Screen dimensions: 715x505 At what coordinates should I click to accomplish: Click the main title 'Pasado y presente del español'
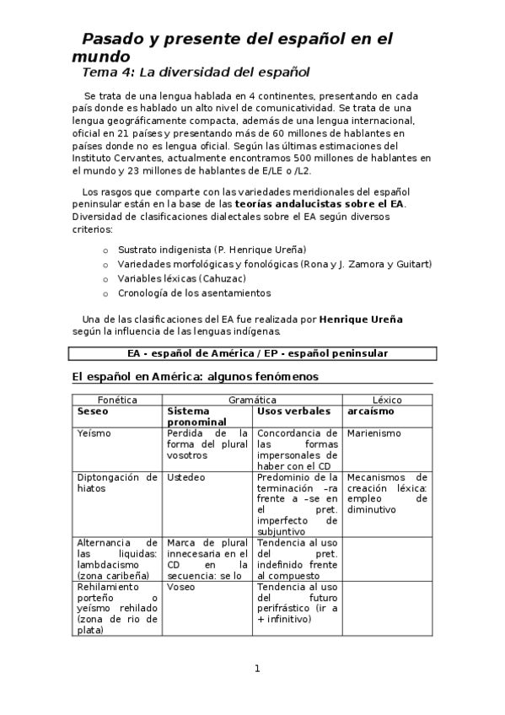pyautogui.click(x=237, y=39)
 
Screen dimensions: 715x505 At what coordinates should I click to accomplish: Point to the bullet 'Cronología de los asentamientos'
pyautogui.click(x=194, y=293)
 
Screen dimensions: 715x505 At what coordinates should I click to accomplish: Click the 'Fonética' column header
pyautogui.click(x=117, y=400)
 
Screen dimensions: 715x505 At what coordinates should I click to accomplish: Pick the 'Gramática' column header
pyautogui.click(x=252, y=400)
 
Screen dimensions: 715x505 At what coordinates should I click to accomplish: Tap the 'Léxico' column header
pyautogui.click(x=387, y=400)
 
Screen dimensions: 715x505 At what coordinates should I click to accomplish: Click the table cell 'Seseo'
pyautogui.click(x=93, y=411)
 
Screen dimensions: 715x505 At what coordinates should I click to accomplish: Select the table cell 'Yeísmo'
pyautogui.click(x=94, y=433)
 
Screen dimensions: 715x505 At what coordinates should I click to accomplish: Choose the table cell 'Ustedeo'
pyautogui.click(x=186, y=477)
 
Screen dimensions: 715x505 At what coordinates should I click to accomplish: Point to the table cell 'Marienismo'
pyautogui.click(x=374, y=433)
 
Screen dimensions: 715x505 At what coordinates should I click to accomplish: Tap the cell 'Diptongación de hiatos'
pyautogui.click(x=117, y=482)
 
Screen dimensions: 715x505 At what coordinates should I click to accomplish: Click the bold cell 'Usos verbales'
pyautogui.click(x=293, y=411)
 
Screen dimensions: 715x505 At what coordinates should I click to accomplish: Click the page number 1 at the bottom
pyautogui.click(x=258, y=669)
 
